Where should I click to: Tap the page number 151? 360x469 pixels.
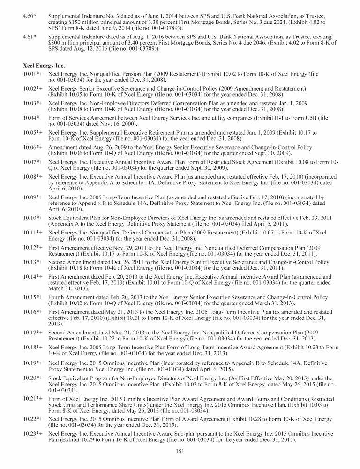pos(180,451)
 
